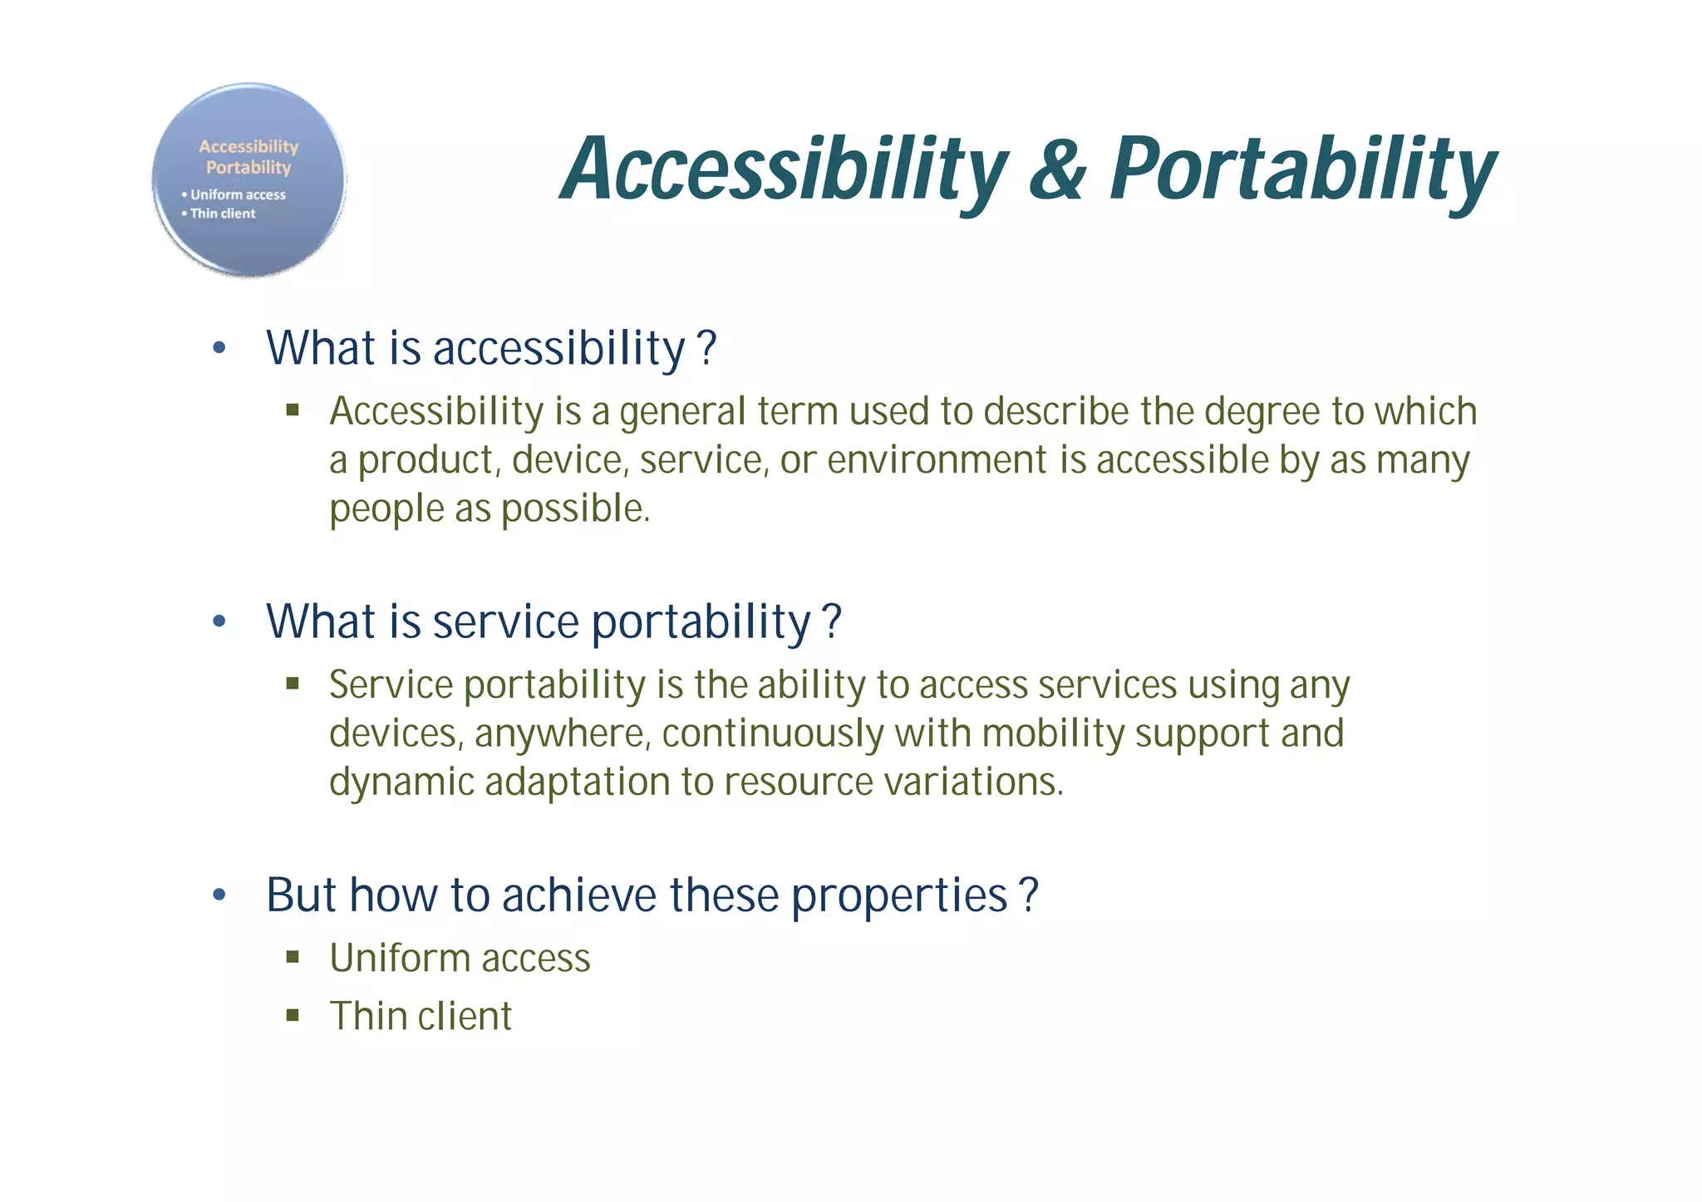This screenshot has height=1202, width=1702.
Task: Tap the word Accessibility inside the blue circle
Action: pyautogui.click(x=248, y=146)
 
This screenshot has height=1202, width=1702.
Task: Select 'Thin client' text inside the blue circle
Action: pyautogui.click(x=222, y=213)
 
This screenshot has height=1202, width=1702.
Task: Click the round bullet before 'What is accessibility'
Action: pyautogui.click(x=219, y=348)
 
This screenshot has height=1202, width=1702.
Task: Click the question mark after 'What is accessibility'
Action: pyautogui.click(x=707, y=347)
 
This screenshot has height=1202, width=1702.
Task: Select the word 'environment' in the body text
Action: pyautogui.click(x=937, y=460)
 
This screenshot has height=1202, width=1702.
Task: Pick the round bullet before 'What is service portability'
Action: pyautogui.click(x=219, y=621)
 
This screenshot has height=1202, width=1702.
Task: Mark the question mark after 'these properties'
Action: pyautogui.click(x=1029, y=895)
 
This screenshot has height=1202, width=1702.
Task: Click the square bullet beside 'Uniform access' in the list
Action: pyautogui.click(x=293, y=957)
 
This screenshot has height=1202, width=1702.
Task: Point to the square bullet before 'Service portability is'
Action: pyautogui.click(x=293, y=684)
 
